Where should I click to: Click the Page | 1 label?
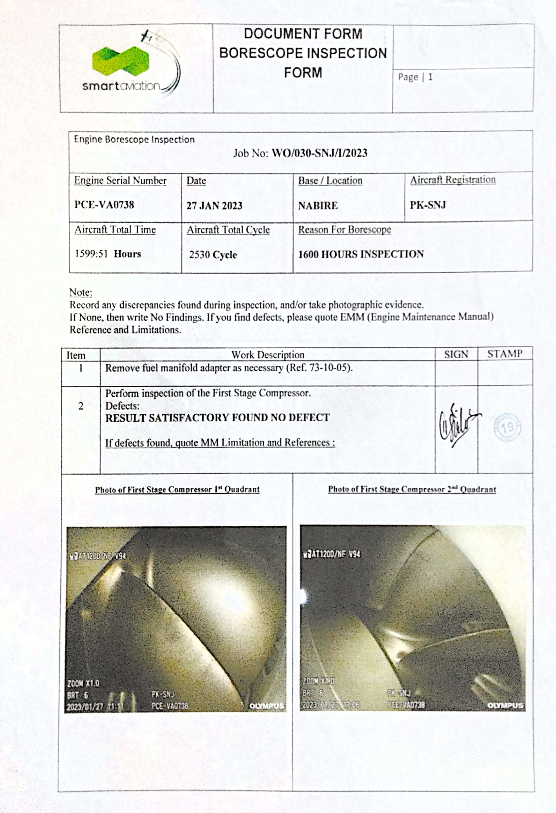point(415,77)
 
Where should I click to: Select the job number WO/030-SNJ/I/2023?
point(319,153)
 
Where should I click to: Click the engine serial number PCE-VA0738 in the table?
point(104,205)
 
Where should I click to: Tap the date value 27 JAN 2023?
point(214,205)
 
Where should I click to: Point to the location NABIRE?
point(318,205)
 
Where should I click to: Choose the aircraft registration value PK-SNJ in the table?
point(428,205)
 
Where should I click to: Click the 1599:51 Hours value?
point(108,254)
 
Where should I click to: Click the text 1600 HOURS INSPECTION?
point(361,254)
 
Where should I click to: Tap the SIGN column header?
point(456,354)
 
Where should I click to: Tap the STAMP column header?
point(504,354)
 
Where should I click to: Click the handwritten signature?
point(457,425)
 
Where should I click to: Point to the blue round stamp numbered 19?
point(507,427)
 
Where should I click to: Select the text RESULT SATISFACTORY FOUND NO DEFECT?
point(217,418)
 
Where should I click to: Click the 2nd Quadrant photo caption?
point(412,489)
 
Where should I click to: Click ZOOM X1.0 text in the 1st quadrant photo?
point(83,683)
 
